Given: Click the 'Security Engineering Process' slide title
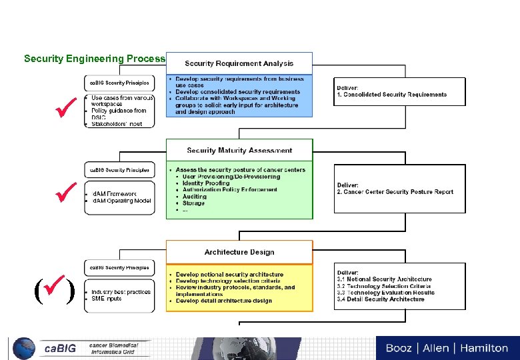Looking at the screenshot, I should [94, 59].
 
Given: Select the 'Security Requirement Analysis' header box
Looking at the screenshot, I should [239, 63].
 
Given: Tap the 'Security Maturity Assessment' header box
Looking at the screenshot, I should [239, 150].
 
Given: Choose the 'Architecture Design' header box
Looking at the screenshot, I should [239, 252].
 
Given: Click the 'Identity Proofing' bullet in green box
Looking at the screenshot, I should [206, 183].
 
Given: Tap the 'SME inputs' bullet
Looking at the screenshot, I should [107, 299].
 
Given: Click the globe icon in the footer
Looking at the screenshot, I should [23, 348].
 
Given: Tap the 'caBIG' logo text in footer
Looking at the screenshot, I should [60, 349].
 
